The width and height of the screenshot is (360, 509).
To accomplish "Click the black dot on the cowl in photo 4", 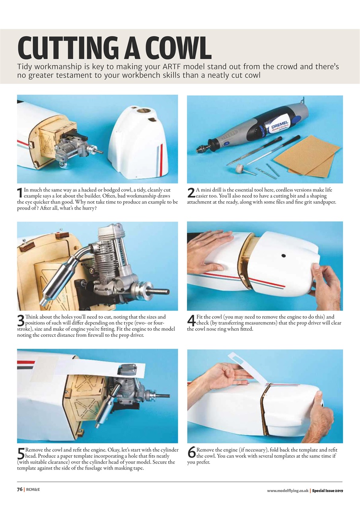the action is [283, 256].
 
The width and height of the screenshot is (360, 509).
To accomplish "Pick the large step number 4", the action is [191, 320].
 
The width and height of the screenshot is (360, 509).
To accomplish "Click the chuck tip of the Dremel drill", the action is [200, 149].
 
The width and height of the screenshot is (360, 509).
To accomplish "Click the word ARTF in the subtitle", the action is [171, 67].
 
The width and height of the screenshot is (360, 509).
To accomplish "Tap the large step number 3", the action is [21, 320].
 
